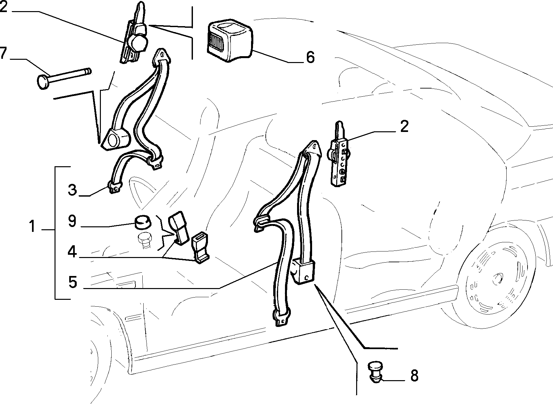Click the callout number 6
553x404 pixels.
(x=310, y=57)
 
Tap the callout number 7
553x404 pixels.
(x=3, y=53)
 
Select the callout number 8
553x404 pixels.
(x=415, y=376)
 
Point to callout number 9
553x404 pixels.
(x=72, y=221)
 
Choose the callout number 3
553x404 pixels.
(x=72, y=190)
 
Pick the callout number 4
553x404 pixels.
(x=72, y=252)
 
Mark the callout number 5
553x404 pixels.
(x=72, y=282)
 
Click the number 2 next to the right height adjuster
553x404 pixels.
(x=404, y=126)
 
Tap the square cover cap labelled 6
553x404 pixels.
(x=229, y=40)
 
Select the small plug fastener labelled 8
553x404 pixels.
(x=375, y=372)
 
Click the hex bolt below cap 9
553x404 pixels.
(x=145, y=240)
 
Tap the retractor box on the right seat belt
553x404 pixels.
(x=303, y=272)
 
